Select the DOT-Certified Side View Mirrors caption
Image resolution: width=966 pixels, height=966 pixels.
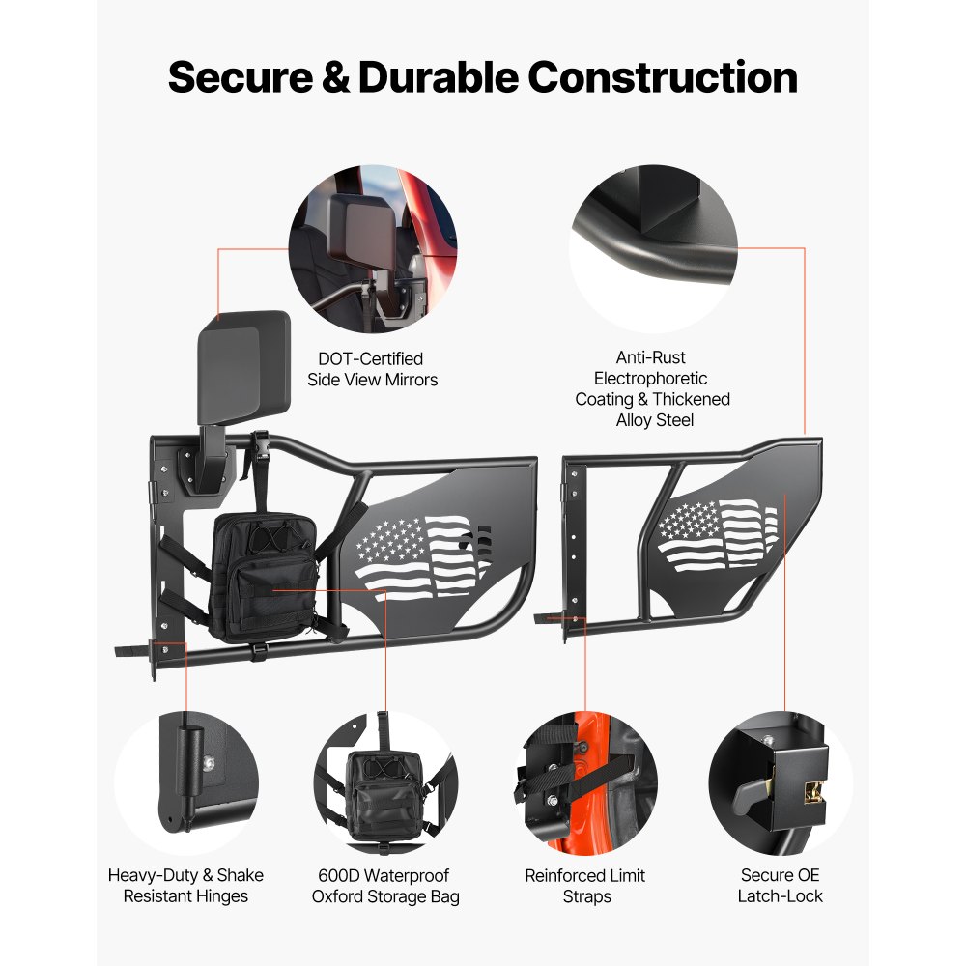pyautogui.click(x=372, y=369)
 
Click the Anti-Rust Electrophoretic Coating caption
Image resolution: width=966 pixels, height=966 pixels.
pyautogui.click(x=652, y=388)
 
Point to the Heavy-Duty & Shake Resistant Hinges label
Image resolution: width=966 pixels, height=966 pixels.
pyautogui.click(x=185, y=886)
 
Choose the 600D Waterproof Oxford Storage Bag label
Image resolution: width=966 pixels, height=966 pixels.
pyautogui.click(x=384, y=886)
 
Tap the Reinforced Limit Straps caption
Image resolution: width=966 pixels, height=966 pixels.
pyautogui.click(x=585, y=886)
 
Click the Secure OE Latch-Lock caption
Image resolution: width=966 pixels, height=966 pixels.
pyautogui.click(x=781, y=886)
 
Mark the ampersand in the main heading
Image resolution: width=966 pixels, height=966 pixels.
pyautogui.click(x=337, y=77)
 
